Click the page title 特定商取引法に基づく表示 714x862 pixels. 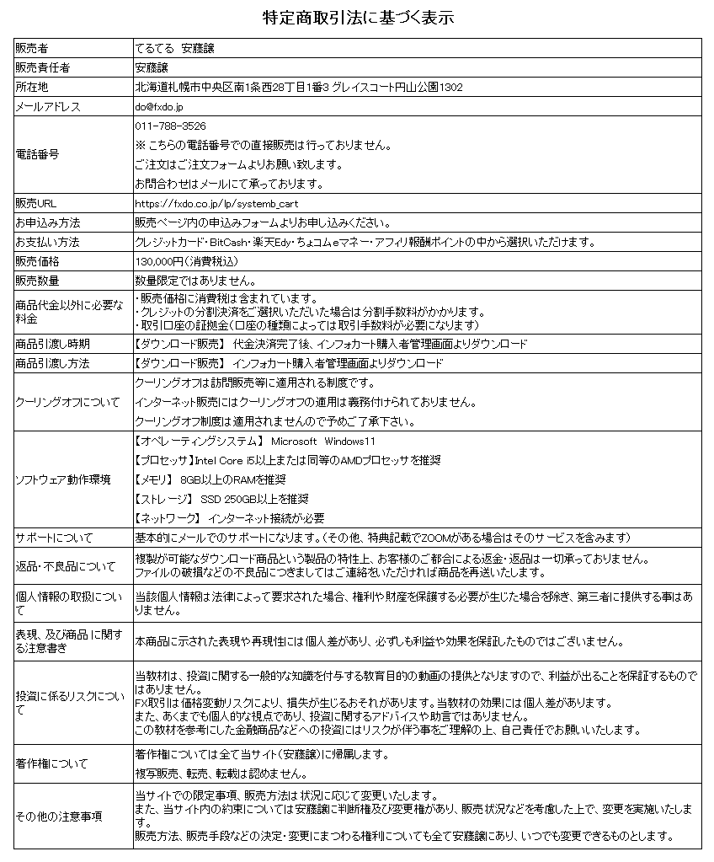357,18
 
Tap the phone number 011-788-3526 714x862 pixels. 170,126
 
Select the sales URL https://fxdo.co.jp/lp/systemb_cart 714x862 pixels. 217,204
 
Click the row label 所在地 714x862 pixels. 32,87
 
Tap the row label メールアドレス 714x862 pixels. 47,107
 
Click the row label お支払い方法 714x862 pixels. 47,243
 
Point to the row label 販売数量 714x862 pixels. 37,281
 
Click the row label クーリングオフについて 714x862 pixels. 67,401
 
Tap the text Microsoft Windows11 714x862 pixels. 323,442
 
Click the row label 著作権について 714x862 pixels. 51,764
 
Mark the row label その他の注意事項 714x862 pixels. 58,816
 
